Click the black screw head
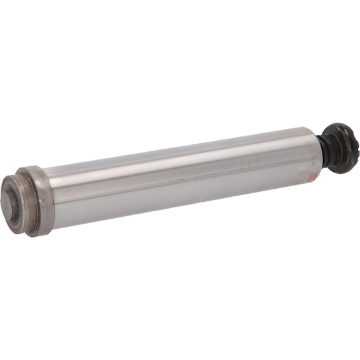[341, 147]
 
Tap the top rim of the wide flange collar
[31, 170]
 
